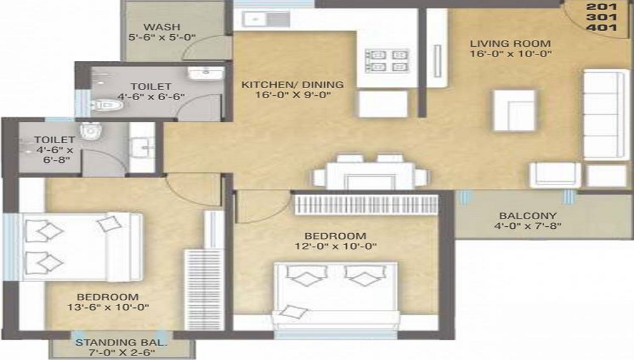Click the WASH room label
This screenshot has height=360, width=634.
pyautogui.click(x=162, y=27)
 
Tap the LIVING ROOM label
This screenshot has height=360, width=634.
pyautogui.click(x=510, y=43)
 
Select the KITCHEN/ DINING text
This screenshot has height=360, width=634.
pyautogui.click(x=292, y=84)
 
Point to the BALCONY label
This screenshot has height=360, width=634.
pyautogui.click(x=527, y=215)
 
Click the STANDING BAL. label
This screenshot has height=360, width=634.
pyautogui.click(x=121, y=343)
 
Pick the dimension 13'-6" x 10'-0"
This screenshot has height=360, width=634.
pyautogui.click(x=108, y=307)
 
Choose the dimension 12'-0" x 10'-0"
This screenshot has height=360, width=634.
pyautogui.click(x=335, y=246)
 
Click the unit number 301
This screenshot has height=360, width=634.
pyautogui.click(x=602, y=17)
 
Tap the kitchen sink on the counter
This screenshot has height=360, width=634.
pyautogui.click(x=266, y=19)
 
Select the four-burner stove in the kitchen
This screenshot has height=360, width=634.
pyautogui.click(x=387, y=61)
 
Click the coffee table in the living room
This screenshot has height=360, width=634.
pyautogui.click(x=514, y=110)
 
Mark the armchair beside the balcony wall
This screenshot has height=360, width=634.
pyautogui.click(x=555, y=175)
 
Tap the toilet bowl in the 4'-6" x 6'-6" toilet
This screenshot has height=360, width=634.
pyautogui.click(x=107, y=105)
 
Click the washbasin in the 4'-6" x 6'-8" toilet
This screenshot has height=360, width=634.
pyautogui.click(x=142, y=147)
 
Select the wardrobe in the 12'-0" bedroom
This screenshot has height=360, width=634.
pyautogui.click(x=366, y=205)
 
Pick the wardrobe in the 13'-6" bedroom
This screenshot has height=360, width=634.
pyautogui.click(x=204, y=290)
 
